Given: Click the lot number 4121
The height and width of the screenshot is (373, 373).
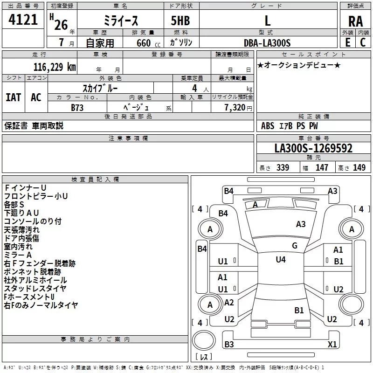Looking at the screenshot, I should pos(23,20).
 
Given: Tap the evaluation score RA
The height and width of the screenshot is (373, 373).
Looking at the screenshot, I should pos(355,21).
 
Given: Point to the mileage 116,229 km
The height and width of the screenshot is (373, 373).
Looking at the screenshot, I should pos(54,67).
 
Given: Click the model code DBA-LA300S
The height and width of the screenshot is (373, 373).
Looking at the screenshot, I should pos(267,43).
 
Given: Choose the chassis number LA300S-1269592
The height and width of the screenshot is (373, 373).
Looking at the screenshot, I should pos(313,149).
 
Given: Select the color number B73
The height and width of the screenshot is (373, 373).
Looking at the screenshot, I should pos(77,107).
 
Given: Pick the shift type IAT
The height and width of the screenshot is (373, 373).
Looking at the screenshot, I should pos(13,97).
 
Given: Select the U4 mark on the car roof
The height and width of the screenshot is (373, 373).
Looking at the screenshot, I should pos(281,260).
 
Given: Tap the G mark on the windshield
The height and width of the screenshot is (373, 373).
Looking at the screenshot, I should pos(295,246).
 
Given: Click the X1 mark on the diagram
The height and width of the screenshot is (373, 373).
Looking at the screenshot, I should pos(332,345).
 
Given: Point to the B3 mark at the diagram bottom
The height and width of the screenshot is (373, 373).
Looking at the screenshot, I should pos(229,345).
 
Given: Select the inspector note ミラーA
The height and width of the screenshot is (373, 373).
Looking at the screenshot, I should pos(18,255).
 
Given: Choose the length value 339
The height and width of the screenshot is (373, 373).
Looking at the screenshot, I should pos(283,168).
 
